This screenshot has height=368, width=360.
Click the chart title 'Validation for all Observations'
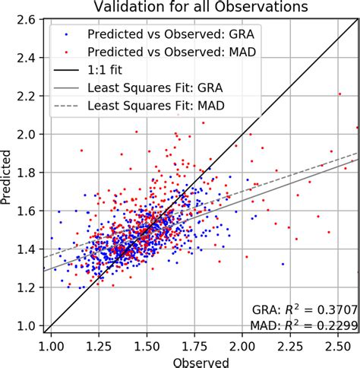coord(200,7)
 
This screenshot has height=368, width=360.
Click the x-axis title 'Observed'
coord(200,361)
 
